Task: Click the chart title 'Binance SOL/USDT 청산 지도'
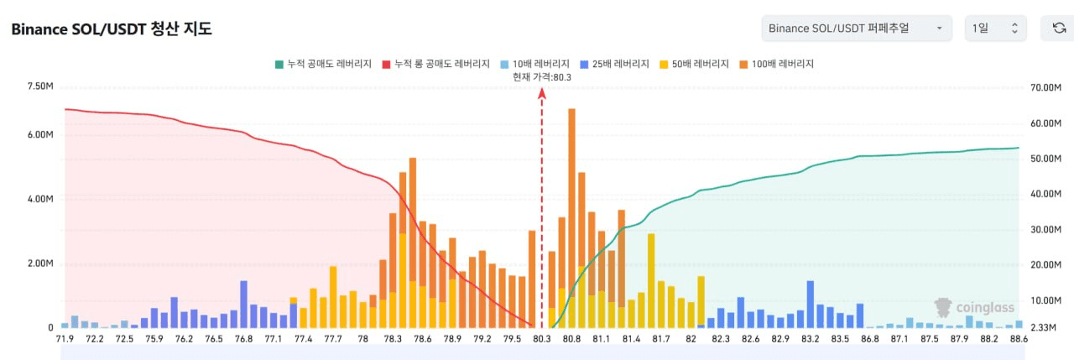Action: (111, 29)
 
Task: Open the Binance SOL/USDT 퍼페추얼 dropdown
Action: (857, 29)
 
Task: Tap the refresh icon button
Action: (1059, 29)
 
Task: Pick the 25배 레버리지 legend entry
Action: (616, 64)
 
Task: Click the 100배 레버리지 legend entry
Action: (777, 64)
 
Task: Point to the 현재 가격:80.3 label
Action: (542, 77)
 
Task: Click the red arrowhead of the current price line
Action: (542, 93)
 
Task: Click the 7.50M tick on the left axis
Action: (40, 87)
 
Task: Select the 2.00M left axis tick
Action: (40, 263)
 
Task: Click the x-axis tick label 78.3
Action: (393, 339)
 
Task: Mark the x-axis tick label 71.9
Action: (65, 339)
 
